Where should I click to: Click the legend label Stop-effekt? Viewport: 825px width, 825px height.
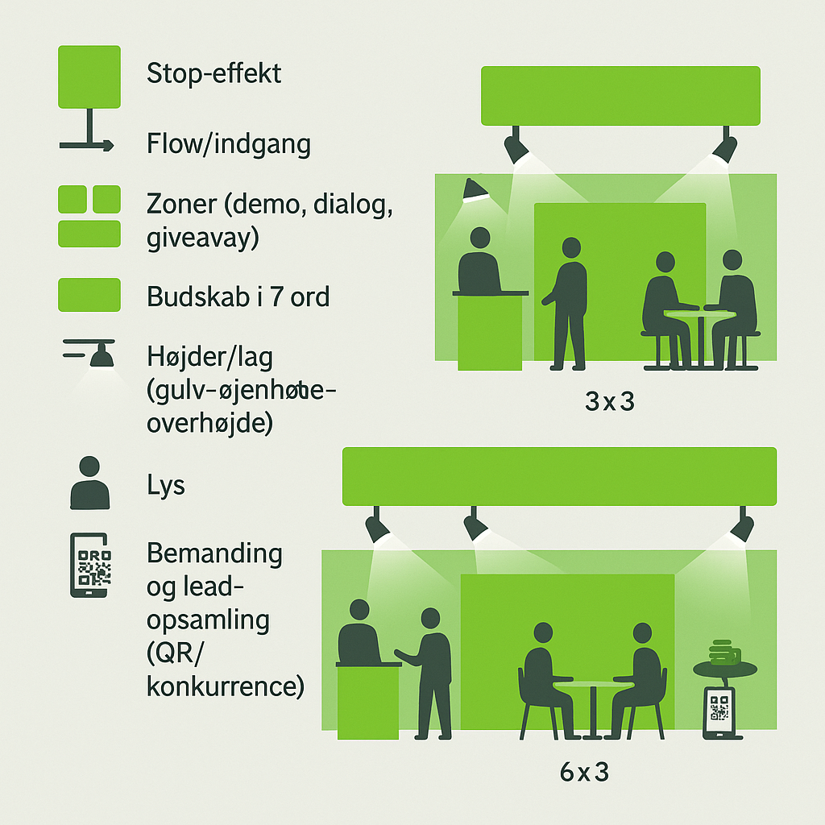click(214, 74)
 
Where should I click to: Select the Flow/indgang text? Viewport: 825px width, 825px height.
click(229, 145)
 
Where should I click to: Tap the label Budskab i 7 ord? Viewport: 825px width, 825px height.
click(238, 296)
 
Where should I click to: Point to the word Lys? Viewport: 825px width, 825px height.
click(166, 486)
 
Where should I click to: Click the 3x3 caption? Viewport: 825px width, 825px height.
click(610, 400)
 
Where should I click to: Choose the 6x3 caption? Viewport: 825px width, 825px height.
click(583, 773)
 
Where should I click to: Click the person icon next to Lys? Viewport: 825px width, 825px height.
click(89, 483)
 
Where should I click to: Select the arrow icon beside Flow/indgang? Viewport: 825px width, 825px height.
click(87, 145)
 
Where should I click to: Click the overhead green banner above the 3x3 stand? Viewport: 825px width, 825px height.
click(620, 96)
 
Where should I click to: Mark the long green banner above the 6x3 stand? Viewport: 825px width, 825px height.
click(559, 476)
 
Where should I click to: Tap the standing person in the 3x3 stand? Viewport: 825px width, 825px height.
click(569, 302)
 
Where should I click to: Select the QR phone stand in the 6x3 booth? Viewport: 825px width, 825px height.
click(720, 711)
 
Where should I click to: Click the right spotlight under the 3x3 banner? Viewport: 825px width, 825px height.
click(725, 147)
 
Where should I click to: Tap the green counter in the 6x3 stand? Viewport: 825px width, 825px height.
click(367, 701)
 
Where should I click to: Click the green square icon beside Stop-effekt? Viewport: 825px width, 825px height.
click(89, 77)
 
